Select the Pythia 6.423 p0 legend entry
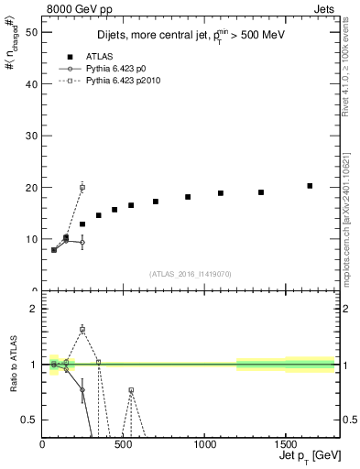113,69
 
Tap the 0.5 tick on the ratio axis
29,420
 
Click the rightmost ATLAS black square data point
310,186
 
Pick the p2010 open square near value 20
82,187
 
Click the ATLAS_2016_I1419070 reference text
190,273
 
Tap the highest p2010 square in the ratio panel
82,329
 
